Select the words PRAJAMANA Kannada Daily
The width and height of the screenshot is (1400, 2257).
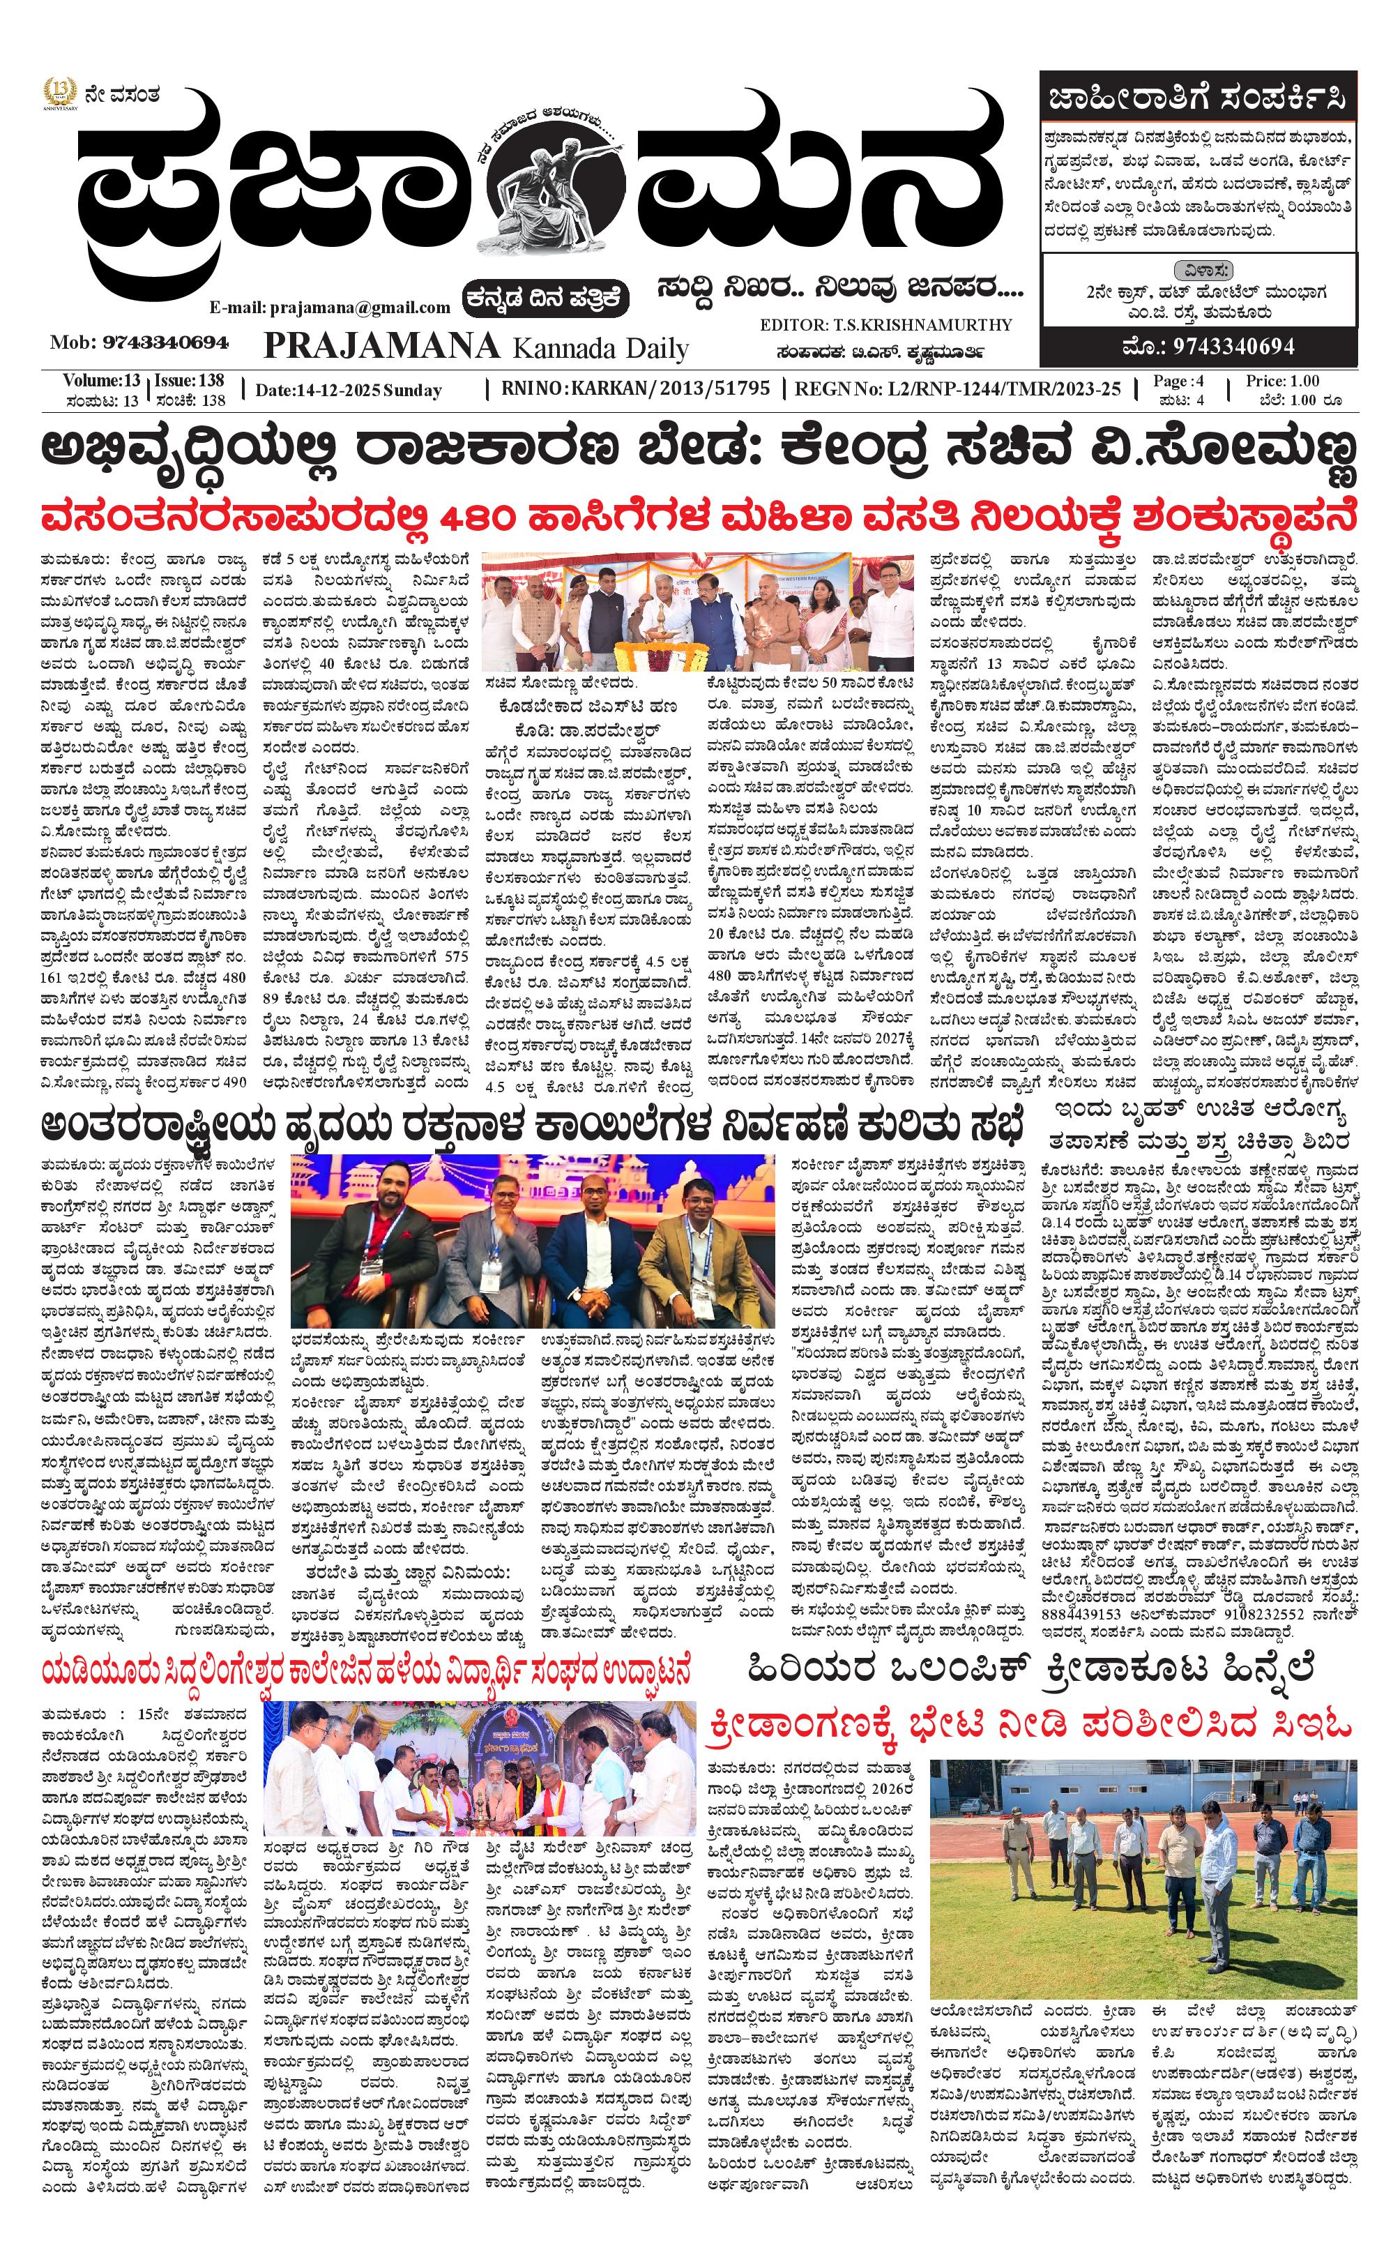[476, 347]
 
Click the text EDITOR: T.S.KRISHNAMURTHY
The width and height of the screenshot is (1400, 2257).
[885, 324]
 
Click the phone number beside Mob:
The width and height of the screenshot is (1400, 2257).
[166, 342]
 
